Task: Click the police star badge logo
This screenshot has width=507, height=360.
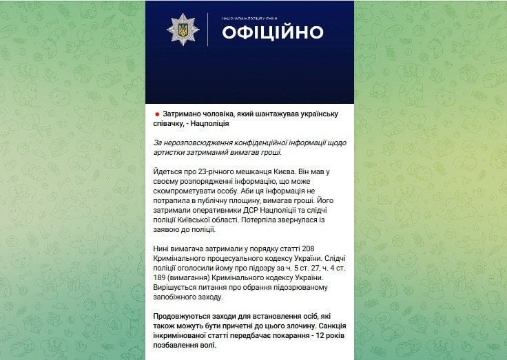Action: click(183, 31)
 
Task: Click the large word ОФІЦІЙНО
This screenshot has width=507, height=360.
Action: click(272, 32)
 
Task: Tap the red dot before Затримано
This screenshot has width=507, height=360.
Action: click(156, 113)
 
